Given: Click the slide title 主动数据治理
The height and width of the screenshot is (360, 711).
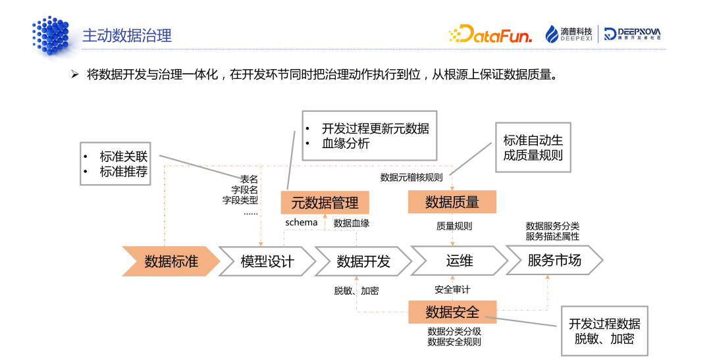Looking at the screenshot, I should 126,35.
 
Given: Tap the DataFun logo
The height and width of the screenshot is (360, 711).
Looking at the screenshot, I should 490,34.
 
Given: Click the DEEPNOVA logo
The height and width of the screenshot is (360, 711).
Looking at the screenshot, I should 633,34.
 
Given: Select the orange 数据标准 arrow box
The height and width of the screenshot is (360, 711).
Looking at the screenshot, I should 171,261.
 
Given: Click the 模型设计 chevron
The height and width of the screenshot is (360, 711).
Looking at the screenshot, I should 267,261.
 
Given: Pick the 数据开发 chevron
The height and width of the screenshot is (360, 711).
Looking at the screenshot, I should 363,261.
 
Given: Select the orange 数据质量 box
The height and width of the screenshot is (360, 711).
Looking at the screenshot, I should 452,202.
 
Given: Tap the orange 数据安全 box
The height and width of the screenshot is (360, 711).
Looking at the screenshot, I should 452,311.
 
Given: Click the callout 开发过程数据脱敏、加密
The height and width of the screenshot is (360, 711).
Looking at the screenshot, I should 604,331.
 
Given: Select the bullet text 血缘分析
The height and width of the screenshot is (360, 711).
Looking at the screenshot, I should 346,143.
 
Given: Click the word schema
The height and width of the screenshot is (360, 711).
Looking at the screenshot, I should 301,222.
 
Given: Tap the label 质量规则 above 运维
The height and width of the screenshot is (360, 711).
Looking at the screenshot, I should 454,226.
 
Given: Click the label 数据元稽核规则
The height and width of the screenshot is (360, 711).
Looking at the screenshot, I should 411,177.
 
